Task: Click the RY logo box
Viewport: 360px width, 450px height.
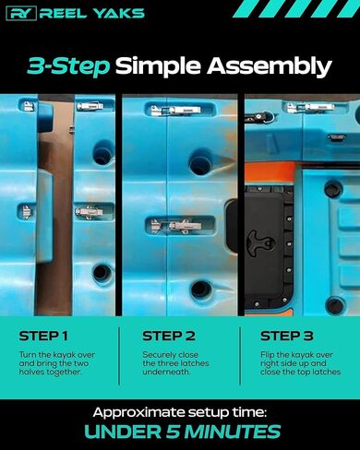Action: [x=21, y=14]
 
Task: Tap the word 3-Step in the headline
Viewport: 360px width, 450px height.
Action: [x=68, y=66]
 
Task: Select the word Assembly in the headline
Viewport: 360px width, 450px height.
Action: [x=270, y=66]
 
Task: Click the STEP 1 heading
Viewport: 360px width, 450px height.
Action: [x=43, y=336]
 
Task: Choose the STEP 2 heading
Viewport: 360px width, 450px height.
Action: [x=169, y=336]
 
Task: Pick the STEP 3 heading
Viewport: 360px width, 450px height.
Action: [x=286, y=336]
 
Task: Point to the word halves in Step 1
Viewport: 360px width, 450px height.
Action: [x=31, y=372]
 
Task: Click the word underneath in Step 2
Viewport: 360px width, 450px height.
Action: [x=166, y=372]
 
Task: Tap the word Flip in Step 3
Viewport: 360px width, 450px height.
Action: [x=267, y=355]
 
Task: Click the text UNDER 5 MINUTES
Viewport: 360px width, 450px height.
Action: [x=182, y=432]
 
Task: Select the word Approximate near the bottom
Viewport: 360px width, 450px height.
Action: [x=138, y=413]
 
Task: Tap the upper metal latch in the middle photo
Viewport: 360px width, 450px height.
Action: [x=175, y=111]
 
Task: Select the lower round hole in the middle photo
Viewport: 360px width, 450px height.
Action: [x=201, y=290]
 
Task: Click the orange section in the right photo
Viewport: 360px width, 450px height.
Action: [x=269, y=173]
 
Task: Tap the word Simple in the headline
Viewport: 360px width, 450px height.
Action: [x=159, y=66]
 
